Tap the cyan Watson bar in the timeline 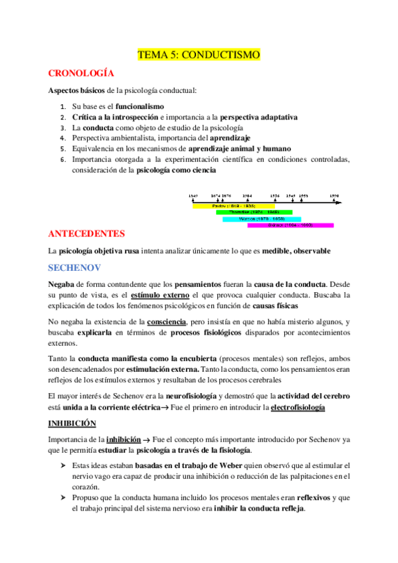[262, 218]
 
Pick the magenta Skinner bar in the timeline [290, 225]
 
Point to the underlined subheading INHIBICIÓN [72, 423]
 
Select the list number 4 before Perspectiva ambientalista [62, 137]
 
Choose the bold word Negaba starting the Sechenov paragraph [62, 283]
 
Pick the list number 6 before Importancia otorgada [62, 159]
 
